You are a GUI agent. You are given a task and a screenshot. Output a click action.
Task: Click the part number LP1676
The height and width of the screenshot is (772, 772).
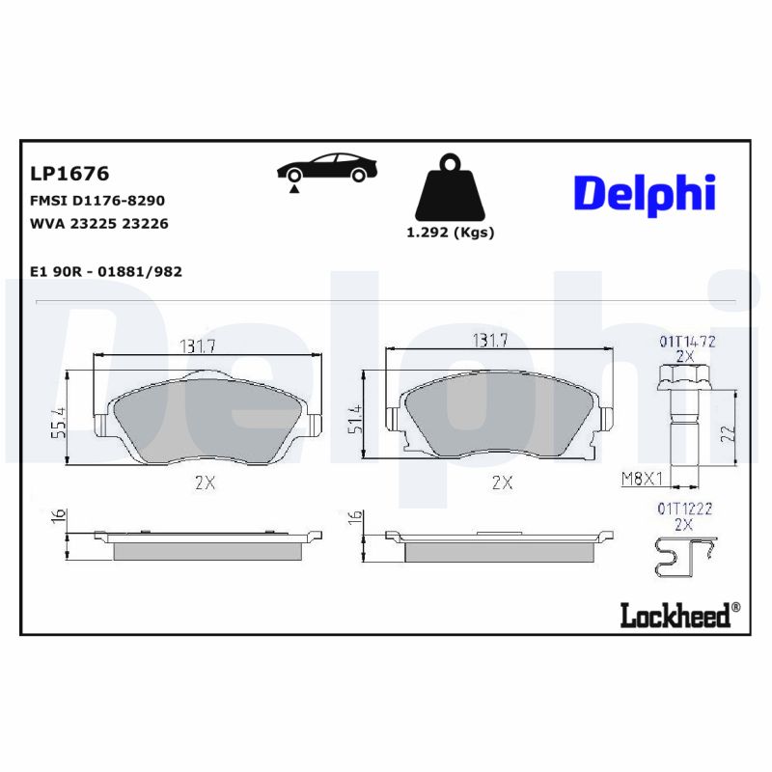pyautogui.click(x=69, y=174)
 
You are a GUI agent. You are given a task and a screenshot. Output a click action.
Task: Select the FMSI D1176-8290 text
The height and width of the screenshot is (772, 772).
pyautogui.click(x=97, y=201)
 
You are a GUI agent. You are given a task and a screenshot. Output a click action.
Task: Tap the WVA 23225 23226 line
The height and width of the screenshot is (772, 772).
pyautogui.click(x=99, y=224)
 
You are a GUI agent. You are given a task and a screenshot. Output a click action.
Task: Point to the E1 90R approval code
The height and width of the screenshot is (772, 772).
pyautogui.click(x=106, y=272)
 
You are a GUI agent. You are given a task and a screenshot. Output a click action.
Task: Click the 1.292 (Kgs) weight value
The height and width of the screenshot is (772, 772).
pyautogui.click(x=450, y=233)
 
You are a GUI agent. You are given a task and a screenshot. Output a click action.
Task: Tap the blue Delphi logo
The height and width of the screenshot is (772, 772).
pyautogui.click(x=645, y=192)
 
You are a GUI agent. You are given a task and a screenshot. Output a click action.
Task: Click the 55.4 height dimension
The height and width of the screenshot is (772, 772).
pyautogui.click(x=59, y=423)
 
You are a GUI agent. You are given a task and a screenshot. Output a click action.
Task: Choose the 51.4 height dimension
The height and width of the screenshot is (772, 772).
pyautogui.click(x=354, y=421)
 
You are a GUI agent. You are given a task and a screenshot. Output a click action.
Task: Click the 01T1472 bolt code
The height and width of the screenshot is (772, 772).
pyautogui.click(x=686, y=341)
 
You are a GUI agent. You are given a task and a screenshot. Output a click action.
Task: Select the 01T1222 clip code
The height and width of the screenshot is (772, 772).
pyautogui.click(x=684, y=508)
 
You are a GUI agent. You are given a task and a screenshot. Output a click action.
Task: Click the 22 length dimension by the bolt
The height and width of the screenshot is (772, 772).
pyautogui.click(x=728, y=433)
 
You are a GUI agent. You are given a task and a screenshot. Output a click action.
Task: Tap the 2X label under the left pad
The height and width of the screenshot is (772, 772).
pyautogui.click(x=204, y=483)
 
